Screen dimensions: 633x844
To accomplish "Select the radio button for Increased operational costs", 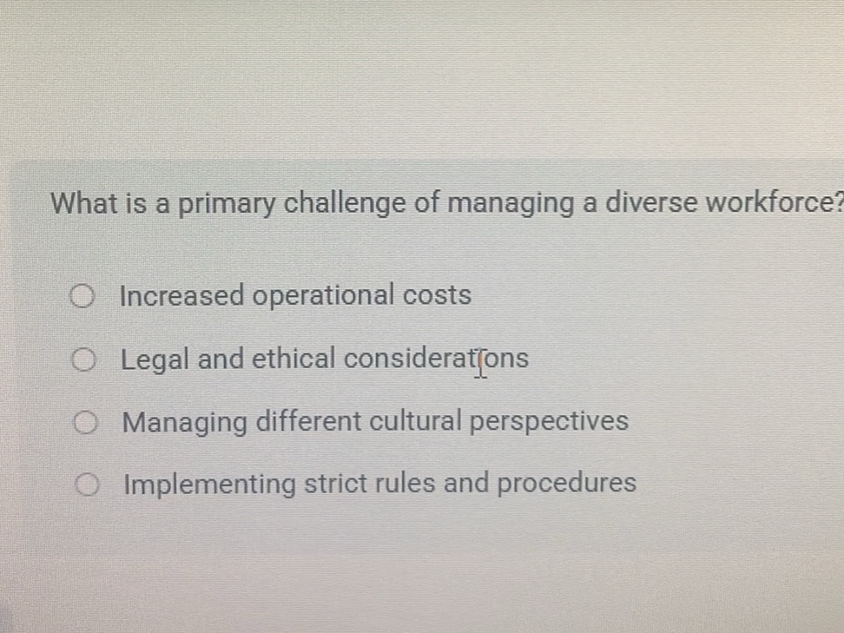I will (82, 298).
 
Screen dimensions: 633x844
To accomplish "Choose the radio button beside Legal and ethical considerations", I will (83, 359).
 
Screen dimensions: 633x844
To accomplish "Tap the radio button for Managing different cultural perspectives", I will (85, 423).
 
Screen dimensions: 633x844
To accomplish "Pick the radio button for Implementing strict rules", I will (87, 485).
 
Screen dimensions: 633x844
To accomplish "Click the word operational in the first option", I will (324, 297).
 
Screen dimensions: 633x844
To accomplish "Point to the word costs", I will (437, 295).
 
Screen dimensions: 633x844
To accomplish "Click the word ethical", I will (293, 358).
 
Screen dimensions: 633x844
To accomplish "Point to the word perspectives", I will (549, 422).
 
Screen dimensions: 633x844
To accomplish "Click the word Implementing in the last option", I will (209, 485).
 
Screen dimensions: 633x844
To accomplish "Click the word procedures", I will (566, 483).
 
